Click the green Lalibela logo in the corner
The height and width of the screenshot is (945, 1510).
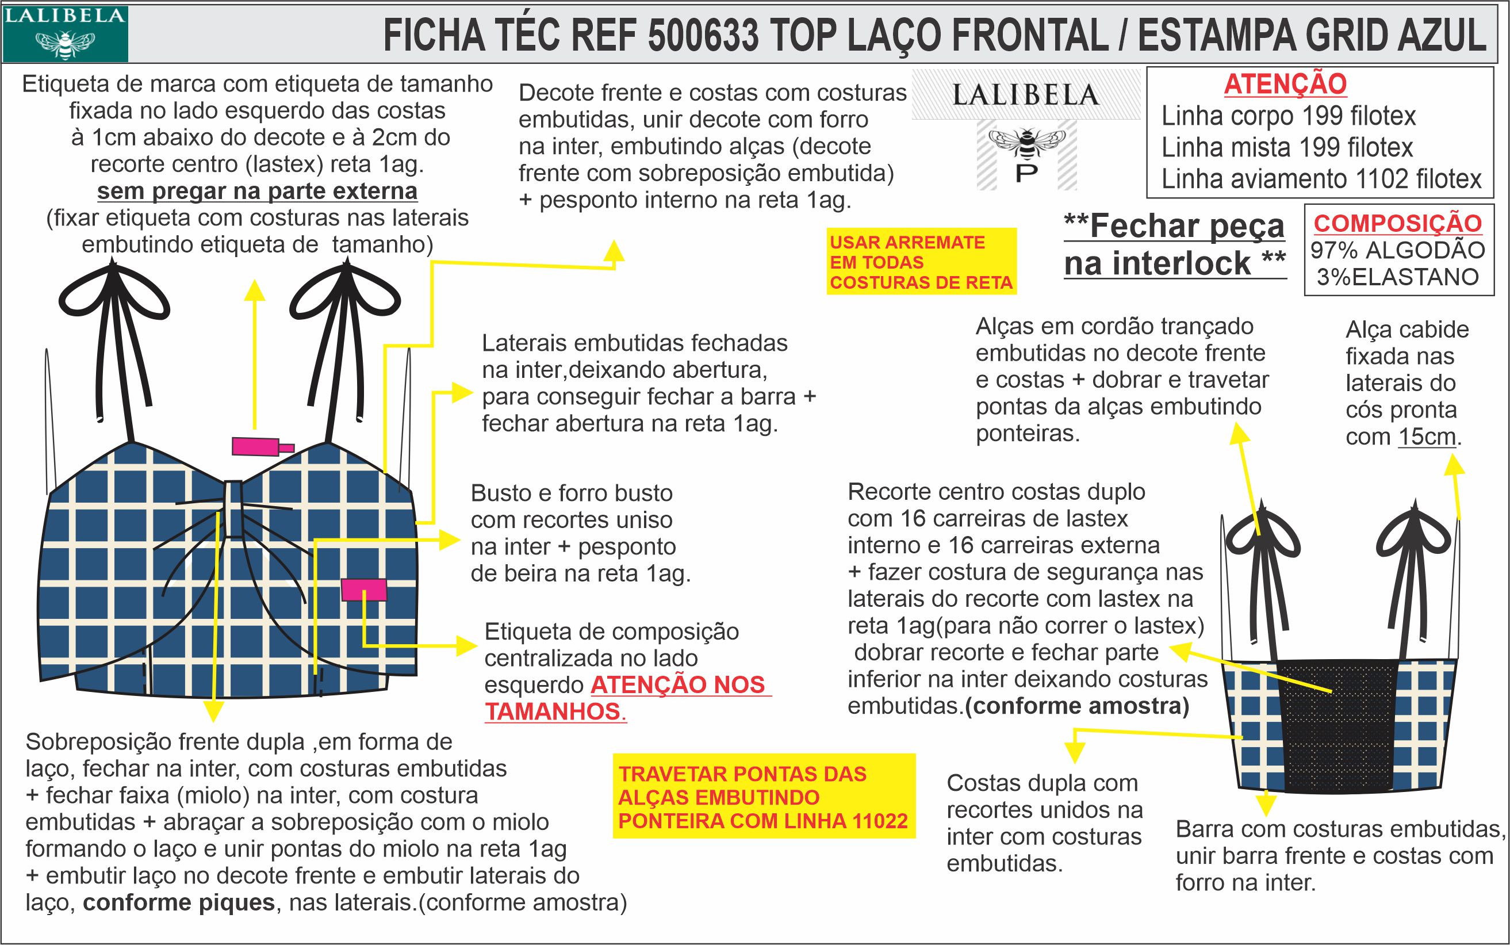[65, 34]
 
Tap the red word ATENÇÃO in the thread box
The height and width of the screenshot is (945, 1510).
[1285, 84]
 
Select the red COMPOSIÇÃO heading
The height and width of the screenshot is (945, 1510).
[1397, 223]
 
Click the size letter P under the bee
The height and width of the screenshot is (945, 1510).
[1026, 173]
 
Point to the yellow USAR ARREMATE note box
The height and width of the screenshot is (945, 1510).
[921, 262]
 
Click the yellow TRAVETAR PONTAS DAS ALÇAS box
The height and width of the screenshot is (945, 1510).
[763, 797]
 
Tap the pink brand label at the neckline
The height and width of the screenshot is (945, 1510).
[256, 446]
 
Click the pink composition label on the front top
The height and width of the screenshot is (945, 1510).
[363, 590]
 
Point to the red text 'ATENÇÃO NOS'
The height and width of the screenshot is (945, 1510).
[680, 684]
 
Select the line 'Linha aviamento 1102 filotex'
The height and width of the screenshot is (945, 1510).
[1321, 179]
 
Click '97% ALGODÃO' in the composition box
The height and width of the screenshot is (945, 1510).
[1397, 250]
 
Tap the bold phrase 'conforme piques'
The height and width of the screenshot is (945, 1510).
[179, 902]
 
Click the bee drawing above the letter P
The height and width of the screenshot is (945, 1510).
[1026, 143]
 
